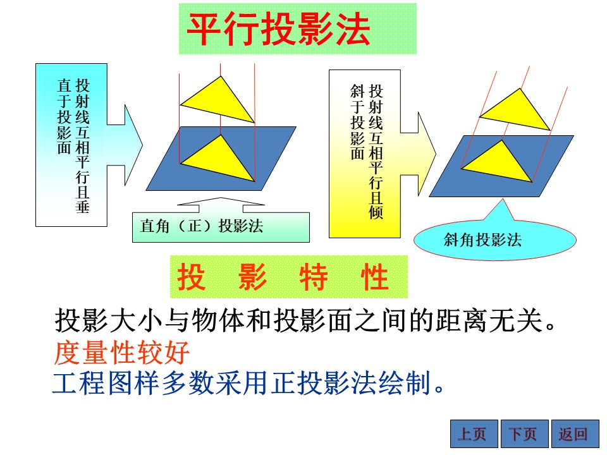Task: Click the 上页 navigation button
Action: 474,434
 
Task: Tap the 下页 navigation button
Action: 525,434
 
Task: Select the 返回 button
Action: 575,434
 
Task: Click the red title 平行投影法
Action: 278,28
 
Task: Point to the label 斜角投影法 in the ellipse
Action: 482,240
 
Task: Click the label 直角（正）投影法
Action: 202,226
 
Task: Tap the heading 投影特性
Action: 283,277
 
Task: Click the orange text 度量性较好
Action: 121,353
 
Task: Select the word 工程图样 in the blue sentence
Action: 106,383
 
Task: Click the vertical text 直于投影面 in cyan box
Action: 64,116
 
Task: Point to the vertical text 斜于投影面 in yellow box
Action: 357,122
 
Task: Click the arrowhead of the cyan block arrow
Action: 133,145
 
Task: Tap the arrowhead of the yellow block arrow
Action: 427,154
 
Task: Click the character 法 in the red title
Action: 352,28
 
